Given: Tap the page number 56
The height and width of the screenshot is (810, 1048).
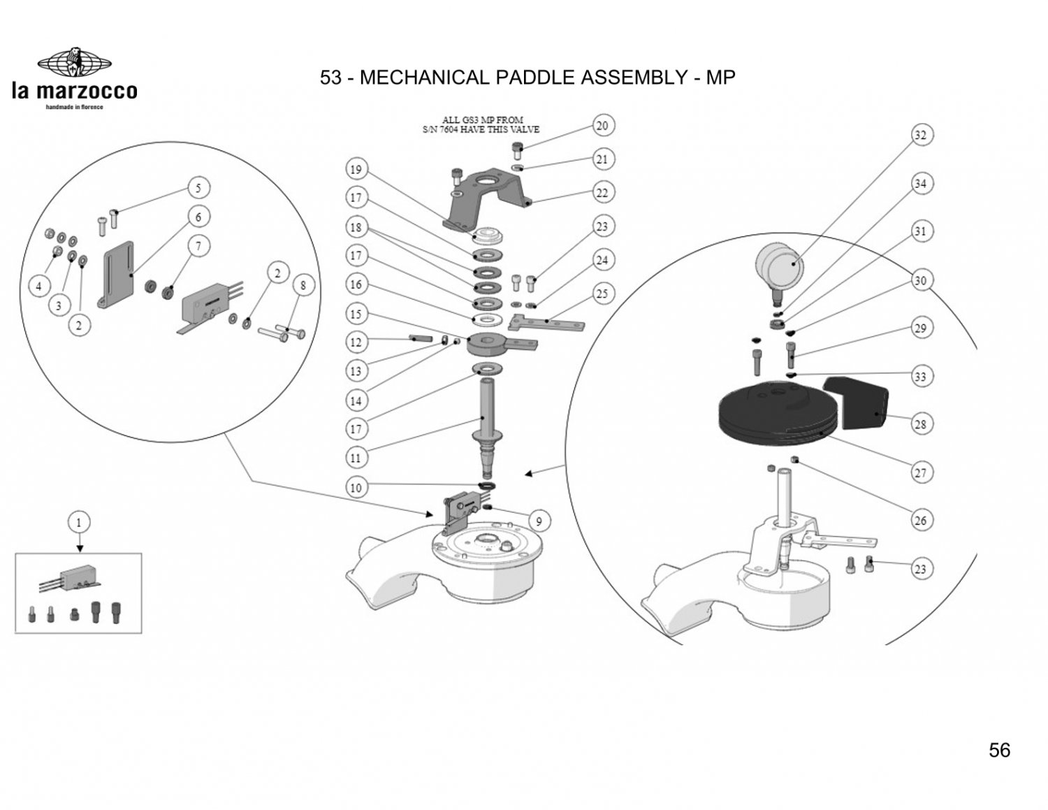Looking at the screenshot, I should click(x=999, y=750).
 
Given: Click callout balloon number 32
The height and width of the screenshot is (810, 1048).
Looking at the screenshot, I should click(x=920, y=136).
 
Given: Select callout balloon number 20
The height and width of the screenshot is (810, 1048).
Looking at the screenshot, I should click(x=602, y=126).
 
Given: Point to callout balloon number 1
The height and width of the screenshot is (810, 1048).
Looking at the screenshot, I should click(x=79, y=522).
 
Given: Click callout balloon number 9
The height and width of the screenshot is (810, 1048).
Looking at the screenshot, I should click(x=539, y=521).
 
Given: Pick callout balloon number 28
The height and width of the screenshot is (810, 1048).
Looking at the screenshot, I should click(x=920, y=424).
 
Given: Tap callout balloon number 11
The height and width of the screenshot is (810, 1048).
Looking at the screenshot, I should click(x=356, y=458).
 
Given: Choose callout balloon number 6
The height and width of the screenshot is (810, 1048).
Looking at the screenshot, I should click(x=198, y=217).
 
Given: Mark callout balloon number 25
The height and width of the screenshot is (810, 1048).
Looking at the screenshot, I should click(x=602, y=294).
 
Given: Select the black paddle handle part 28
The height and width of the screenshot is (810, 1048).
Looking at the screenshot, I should click(x=857, y=403).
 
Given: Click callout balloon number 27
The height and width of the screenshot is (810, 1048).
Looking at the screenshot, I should click(x=920, y=473).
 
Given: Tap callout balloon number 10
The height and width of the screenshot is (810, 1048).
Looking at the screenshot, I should click(x=356, y=487).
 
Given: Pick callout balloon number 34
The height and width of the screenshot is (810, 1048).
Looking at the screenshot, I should click(x=920, y=184).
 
